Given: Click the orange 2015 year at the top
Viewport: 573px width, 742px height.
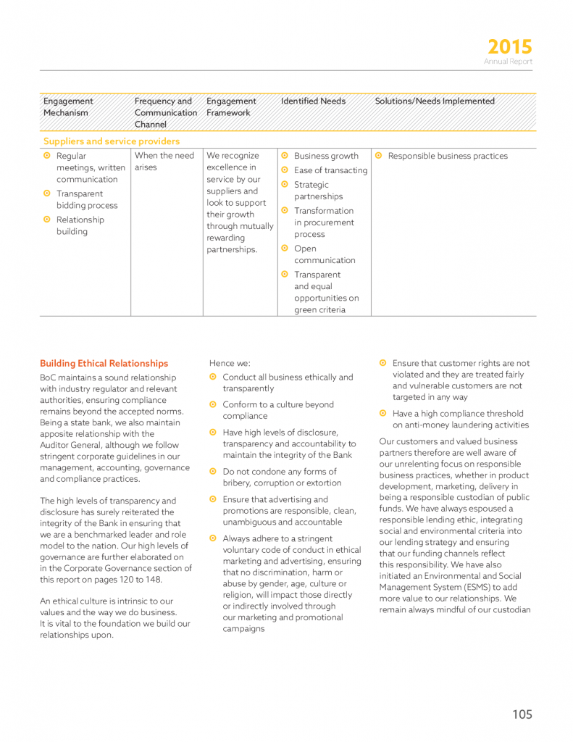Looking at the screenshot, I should tap(509, 47).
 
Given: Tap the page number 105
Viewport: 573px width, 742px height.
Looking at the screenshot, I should tap(522, 714).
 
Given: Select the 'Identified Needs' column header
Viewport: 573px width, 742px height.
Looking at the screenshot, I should tap(313, 101).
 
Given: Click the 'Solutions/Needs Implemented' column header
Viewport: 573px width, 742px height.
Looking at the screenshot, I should tap(435, 101).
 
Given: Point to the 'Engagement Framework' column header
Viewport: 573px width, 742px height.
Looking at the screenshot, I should tap(231, 107).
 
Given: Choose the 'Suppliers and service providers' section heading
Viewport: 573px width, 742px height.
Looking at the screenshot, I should tap(112, 141).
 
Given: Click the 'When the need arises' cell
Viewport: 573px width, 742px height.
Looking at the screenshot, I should tap(164, 162).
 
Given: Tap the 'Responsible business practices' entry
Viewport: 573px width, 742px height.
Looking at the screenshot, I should tap(448, 157).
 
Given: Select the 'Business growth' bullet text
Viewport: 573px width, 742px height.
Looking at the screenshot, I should tap(326, 157).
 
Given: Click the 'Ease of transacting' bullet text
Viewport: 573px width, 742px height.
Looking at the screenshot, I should tap(330, 171).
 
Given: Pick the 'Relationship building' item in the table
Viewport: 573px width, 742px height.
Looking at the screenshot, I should tap(80, 226).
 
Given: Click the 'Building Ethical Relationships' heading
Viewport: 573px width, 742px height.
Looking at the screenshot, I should tap(104, 364).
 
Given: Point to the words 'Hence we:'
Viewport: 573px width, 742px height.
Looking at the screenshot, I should tap(229, 363).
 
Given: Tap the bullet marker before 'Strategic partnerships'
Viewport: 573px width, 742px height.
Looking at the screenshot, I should tap(285, 184).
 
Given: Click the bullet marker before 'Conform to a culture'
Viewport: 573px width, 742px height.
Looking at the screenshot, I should tap(213, 404).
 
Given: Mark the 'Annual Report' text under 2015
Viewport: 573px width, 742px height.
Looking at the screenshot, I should tap(508, 62).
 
